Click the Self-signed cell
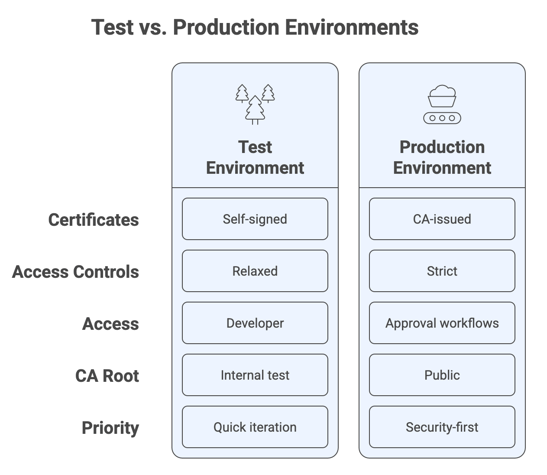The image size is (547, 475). (x=255, y=219)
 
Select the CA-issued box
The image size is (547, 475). (x=442, y=219)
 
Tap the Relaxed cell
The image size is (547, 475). (x=255, y=271)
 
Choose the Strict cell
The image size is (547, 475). (x=442, y=271)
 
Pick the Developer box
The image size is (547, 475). (x=255, y=323)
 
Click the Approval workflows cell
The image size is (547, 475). (x=442, y=323)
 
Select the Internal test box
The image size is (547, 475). (x=255, y=375)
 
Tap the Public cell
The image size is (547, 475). (x=442, y=375)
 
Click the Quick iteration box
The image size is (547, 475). (x=255, y=427)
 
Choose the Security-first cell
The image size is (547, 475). (x=442, y=427)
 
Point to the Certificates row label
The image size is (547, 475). (x=94, y=220)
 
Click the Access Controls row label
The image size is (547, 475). (x=75, y=272)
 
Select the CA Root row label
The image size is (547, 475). (x=107, y=376)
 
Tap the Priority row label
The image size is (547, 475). (x=110, y=428)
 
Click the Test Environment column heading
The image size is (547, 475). (x=255, y=157)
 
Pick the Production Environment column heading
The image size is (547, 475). (x=442, y=157)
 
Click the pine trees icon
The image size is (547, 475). (x=255, y=104)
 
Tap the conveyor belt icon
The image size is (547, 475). (x=442, y=104)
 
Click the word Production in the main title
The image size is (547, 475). (x=226, y=27)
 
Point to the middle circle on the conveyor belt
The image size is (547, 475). (x=442, y=118)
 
